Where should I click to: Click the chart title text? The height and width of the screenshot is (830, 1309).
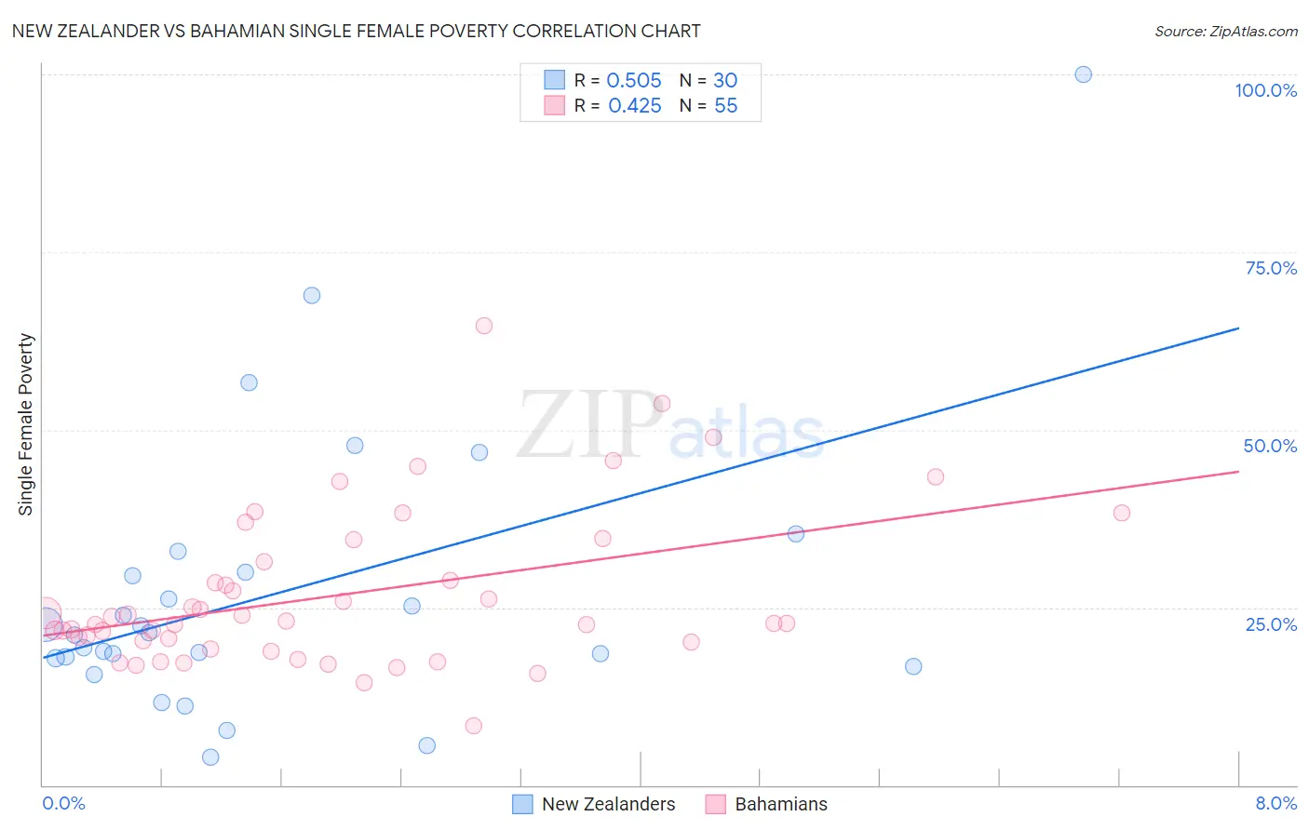[x=356, y=31]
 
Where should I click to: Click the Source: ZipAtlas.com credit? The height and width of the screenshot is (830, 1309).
[x=1225, y=31]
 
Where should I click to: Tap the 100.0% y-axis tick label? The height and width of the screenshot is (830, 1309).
[x=1265, y=90]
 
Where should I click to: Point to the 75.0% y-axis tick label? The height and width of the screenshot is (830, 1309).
[x=1270, y=268]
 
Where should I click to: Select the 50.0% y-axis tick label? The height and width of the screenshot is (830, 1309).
[x=1269, y=446]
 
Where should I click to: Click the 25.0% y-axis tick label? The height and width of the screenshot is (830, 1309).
[x=1270, y=623]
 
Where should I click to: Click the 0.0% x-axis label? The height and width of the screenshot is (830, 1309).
[x=63, y=803]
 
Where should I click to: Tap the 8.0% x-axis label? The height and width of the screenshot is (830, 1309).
[x=1275, y=803]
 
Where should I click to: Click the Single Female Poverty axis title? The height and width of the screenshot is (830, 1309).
[x=26, y=424]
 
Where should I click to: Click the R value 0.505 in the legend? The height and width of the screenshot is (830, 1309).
[x=634, y=81]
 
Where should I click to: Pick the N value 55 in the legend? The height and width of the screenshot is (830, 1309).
[x=725, y=106]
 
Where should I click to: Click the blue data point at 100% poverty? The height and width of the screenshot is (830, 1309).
[x=1083, y=74]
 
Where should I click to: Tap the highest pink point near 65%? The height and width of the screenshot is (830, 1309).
[x=483, y=326]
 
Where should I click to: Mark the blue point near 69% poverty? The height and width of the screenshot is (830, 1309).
[x=312, y=295]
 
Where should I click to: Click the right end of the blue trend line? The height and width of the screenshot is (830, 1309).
[x=1238, y=328]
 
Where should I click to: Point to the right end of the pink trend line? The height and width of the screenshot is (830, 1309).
[x=1238, y=472]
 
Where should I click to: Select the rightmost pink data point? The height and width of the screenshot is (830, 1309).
[x=1121, y=513]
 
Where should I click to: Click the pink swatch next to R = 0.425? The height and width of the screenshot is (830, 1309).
[x=555, y=105]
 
